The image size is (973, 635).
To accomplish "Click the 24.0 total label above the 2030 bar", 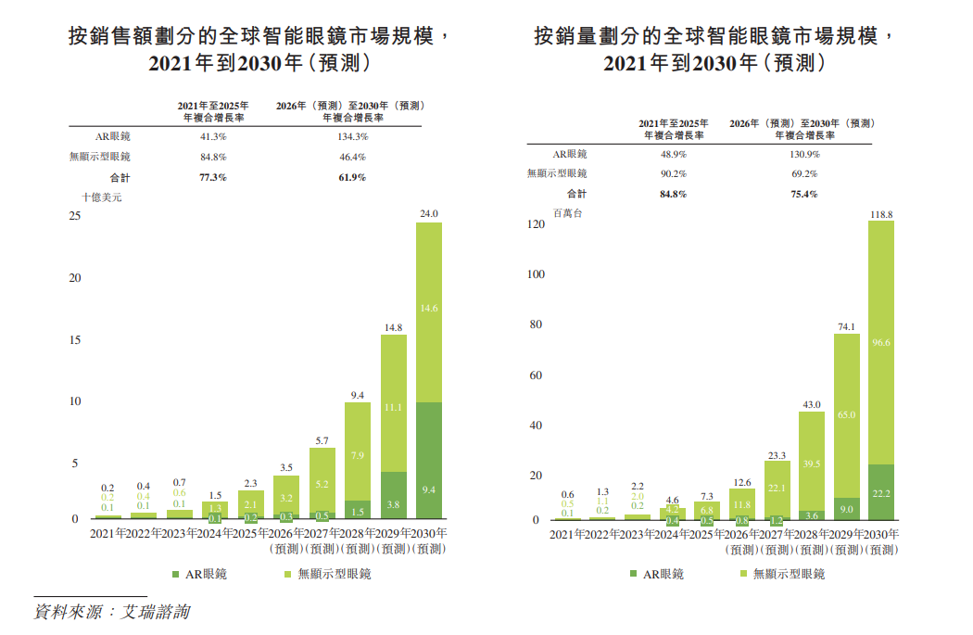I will (x=428, y=213).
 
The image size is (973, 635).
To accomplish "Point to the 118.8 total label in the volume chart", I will (x=881, y=214).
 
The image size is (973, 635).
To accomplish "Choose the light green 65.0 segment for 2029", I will (x=846, y=415).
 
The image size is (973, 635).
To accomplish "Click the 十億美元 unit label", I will (x=102, y=197).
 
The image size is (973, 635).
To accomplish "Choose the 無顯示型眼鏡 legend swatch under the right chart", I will (x=743, y=574).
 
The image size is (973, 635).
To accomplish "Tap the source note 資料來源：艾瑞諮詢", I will (x=112, y=613).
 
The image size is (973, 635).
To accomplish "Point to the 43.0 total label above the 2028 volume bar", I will (x=811, y=404).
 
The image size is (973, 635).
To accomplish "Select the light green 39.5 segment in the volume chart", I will (x=811, y=464).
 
